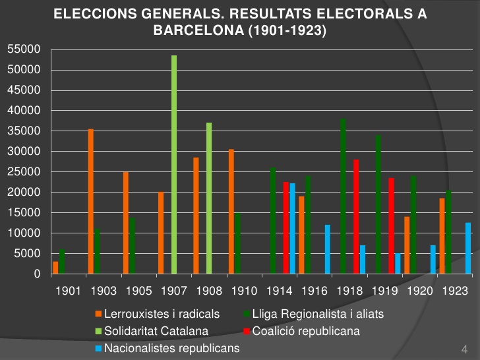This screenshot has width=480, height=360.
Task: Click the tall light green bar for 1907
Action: (x=174, y=165)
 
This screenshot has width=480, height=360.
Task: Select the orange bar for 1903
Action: (x=91, y=201)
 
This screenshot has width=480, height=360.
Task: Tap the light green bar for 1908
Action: (x=209, y=198)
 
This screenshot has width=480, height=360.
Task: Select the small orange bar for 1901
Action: (x=55, y=268)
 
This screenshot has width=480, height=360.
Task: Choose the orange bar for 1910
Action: (x=231, y=211)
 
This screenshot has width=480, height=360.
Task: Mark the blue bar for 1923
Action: (x=468, y=248)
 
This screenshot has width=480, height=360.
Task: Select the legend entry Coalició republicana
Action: (x=306, y=331)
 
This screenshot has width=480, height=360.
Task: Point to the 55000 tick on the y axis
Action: (x=24, y=49)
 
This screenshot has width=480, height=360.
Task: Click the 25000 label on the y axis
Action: (x=24, y=172)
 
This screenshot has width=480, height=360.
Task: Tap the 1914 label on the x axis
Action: (x=281, y=291)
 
